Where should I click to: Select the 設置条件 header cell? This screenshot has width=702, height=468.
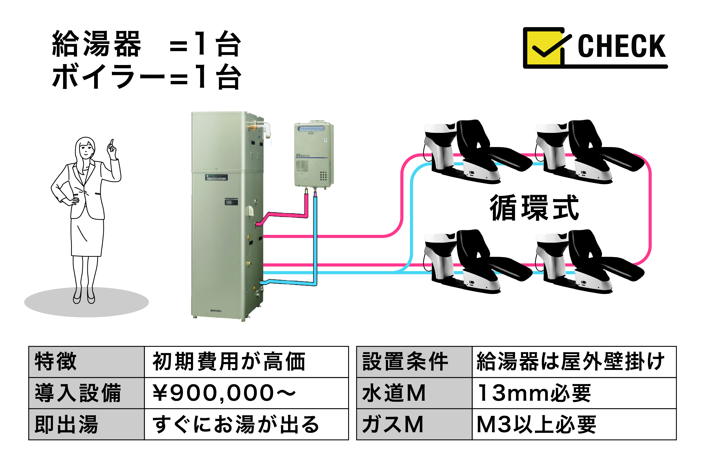tap(405, 362)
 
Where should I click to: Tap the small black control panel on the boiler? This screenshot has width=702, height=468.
tap(231, 202)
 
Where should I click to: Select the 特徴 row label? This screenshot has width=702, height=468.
tap(56, 362)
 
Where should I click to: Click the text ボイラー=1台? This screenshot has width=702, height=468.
tap(146, 77)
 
